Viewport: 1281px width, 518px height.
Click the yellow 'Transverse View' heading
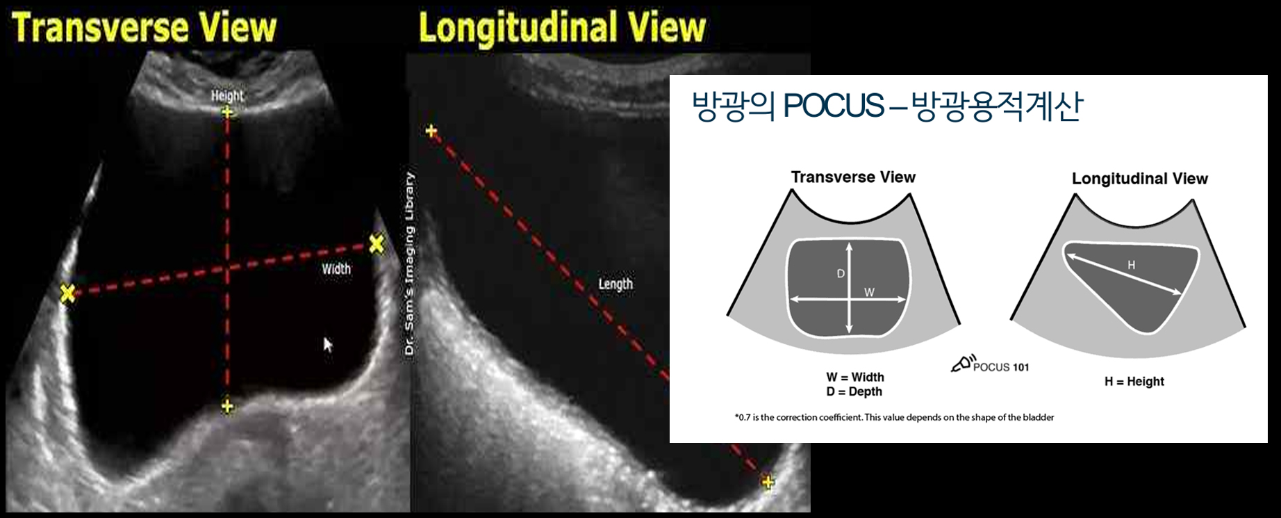(x=144, y=27)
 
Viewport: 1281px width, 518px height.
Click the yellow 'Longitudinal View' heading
(x=562, y=29)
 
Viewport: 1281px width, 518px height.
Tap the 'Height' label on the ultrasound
(x=227, y=96)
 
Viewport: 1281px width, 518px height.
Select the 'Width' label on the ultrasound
(x=336, y=268)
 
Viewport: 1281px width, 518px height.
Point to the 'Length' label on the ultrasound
(x=615, y=284)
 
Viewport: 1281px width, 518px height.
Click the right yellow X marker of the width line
(x=376, y=243)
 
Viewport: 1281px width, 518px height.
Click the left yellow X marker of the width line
(x=67, y=293)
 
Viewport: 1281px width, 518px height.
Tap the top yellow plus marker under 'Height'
(x=227, y=111)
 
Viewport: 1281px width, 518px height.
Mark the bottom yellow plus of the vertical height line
(x=227, y=406)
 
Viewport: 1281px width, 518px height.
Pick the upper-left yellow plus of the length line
(x=431, y=131)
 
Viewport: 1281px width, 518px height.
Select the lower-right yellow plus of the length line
(x=768, y=481)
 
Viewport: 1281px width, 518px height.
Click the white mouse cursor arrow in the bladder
(x=328, y=344)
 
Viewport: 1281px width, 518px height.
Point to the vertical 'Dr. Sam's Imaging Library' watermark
(x=410, y=265)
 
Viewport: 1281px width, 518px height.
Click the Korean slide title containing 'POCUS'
(x=887, y=106)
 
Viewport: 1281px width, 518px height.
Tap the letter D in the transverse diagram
(x=841, y=274)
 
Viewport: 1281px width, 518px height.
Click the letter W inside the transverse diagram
(x=869, y=293)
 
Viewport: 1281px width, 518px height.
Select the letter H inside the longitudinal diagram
(x=1131, y=265)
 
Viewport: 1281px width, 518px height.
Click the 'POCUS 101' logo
(x=990, y=365)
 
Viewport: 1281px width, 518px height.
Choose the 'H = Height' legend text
(x=1134, y=381)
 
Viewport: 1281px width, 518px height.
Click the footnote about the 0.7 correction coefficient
(x=894, y=418)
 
